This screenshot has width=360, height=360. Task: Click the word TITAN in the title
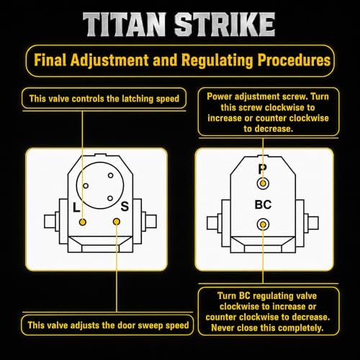[125, 24]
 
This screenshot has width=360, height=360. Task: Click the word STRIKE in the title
[225, 24]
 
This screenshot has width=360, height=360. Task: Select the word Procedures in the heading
[294, 60]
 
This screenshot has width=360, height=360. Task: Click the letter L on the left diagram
[76, 207]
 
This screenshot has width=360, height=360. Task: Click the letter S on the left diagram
[125, 207]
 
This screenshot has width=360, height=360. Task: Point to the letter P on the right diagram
[262, 169]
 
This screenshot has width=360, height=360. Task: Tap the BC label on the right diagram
[263, 204]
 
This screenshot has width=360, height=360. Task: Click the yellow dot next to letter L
[82, 222]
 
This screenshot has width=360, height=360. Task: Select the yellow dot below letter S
[117, 222]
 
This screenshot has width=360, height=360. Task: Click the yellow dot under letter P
[263, 184]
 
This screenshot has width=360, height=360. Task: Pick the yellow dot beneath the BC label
[263, 225]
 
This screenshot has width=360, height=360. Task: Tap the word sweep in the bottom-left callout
[145, 325]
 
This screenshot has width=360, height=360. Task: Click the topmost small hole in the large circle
[110, 176]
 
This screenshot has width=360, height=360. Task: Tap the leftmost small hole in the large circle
[86, 186]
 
